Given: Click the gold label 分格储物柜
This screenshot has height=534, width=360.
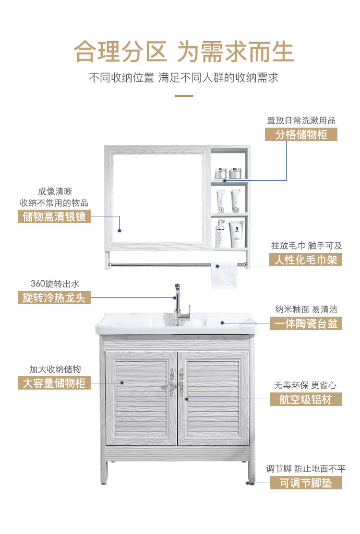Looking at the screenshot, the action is click(301, 134).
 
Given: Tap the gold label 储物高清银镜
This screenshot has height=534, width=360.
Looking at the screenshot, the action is click(54, 216).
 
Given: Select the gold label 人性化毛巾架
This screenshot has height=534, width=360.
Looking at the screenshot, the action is click(305, 260).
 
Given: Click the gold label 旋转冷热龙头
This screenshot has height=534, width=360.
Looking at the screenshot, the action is click(54, 297).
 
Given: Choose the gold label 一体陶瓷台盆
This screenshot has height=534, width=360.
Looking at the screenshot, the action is click(306, 323).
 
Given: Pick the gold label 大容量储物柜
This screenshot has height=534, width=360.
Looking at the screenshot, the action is click(54, 383).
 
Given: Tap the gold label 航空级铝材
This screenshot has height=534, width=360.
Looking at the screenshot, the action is click(306, 399).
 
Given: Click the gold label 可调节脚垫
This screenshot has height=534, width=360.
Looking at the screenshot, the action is click(306, 483).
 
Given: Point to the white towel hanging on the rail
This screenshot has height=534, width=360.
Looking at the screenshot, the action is click(224, 276).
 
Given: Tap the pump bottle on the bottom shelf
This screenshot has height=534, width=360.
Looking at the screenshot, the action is click(220, 232).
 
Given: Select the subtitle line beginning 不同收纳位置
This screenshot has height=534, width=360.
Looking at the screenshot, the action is click(184, 78).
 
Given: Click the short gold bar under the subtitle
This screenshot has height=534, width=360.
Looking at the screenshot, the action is click(184, 96).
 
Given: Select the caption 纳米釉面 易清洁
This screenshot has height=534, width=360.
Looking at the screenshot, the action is click(306, 309).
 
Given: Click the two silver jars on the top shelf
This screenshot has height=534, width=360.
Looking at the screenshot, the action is click(228, 173).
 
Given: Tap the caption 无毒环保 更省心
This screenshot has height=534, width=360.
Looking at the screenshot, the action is click(306, 385).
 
